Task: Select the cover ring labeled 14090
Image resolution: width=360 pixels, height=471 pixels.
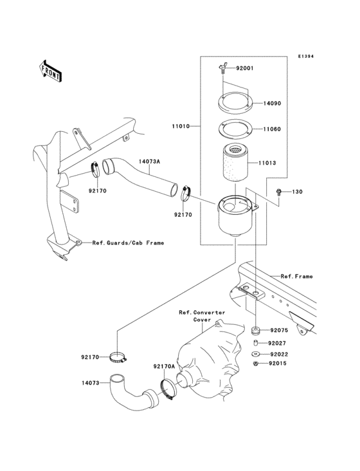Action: (x=233, y=104)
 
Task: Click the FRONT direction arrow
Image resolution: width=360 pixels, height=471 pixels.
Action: (x=51, y=70)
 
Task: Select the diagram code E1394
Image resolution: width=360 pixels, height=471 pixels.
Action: (x=305, y=57)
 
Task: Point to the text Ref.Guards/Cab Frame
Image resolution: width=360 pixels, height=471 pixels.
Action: (x=128, y=243)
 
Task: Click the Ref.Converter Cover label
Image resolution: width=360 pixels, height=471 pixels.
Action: (x=202, y=315)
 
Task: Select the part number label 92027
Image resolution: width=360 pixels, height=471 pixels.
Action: (x=278, y=344)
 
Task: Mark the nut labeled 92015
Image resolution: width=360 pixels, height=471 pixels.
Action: (x=256, y=364)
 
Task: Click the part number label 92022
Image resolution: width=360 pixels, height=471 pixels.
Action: (x=278, y=353)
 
